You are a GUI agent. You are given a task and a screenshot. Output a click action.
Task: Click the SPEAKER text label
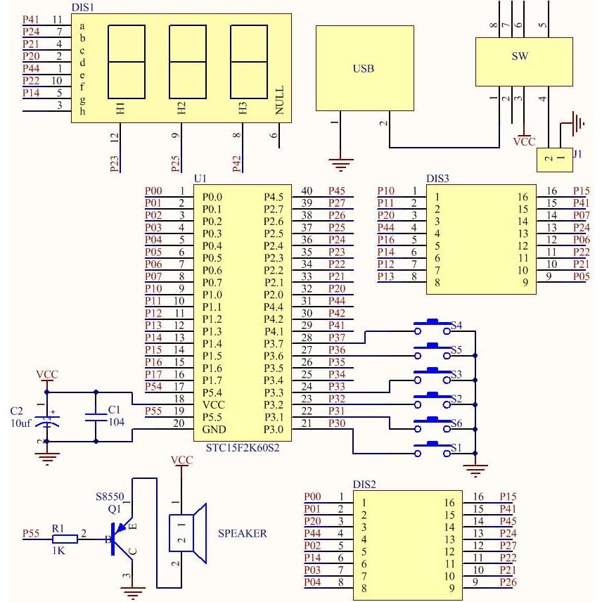pos(243,534)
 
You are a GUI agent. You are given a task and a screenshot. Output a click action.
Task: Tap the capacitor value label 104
pos(116,421)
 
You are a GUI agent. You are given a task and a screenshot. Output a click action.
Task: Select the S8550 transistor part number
pos(110,497)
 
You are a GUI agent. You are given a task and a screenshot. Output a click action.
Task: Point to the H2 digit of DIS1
pos(181,108)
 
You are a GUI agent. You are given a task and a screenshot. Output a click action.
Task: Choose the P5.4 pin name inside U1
pos(212,392)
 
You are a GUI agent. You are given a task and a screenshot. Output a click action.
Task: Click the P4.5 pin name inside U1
pos(274,196)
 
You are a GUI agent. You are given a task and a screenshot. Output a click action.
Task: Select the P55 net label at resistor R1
pos(32,534)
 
